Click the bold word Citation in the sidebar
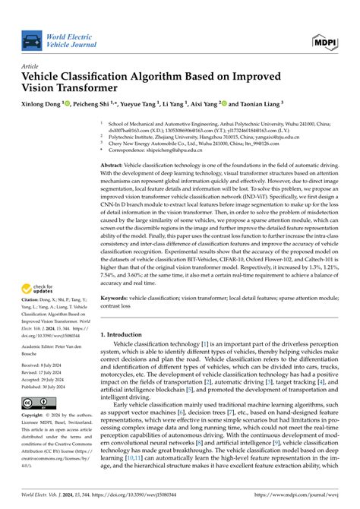(x=32, y=305)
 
